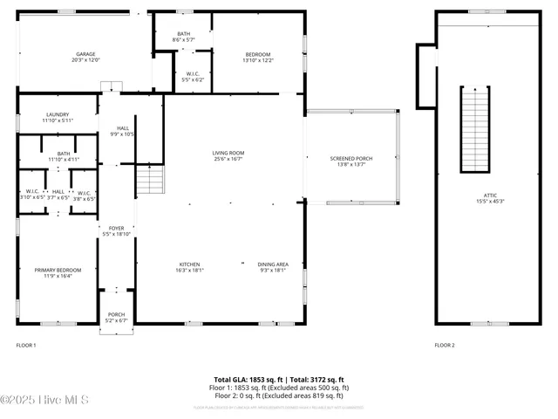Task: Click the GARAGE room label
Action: [85, 53]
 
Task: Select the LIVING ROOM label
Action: [228, 153]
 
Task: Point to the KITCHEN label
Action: [190, 264]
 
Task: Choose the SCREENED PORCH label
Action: [351, 158]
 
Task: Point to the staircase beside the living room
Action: [150, 181]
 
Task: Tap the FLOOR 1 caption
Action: [26, 345]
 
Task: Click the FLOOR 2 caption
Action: [445, 345]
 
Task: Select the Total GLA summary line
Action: [280, 380]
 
